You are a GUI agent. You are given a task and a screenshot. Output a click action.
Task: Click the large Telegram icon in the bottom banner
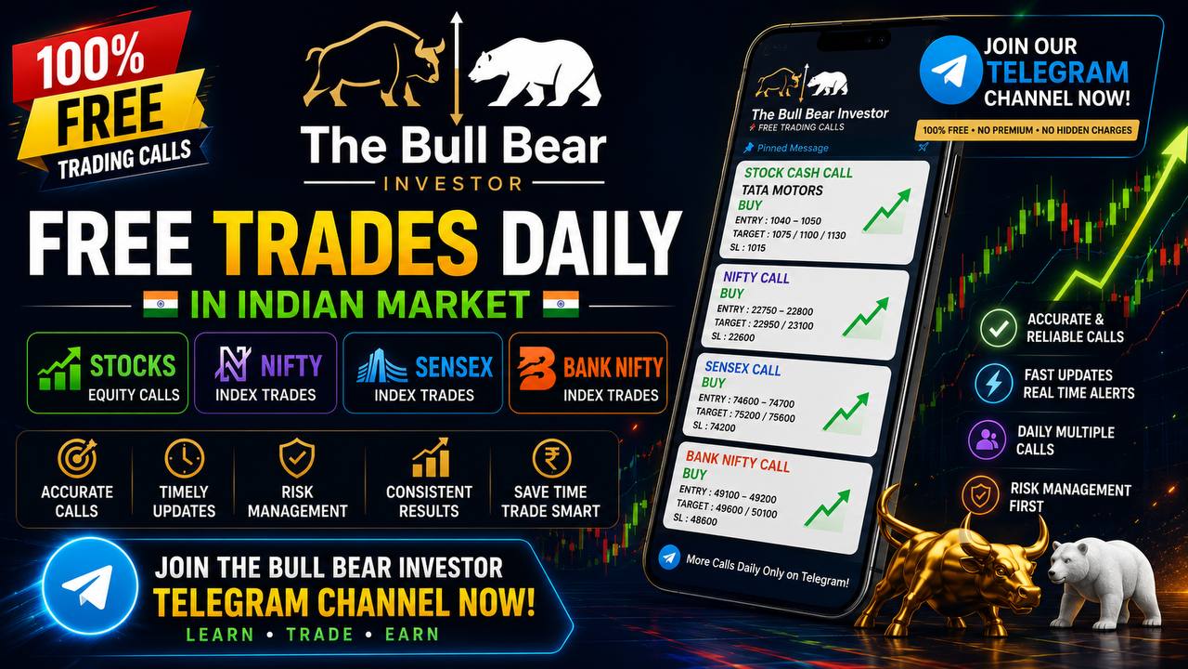[90, 586]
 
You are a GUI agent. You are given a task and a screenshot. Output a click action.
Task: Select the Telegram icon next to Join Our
[950, 70]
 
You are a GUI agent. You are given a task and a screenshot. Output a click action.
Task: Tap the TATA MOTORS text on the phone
[781, 190]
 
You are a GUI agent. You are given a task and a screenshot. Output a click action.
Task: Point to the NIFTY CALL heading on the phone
[755, 278]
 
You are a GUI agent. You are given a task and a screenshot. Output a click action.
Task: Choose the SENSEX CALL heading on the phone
[742, 368]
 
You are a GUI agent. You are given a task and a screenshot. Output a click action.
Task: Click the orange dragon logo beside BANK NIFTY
[536, 369]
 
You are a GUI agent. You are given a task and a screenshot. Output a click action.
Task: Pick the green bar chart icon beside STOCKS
[59, 369]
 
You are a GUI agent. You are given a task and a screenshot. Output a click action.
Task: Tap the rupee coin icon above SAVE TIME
[551, 458]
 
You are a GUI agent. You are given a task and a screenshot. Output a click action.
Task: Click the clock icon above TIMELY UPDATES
[184, 458]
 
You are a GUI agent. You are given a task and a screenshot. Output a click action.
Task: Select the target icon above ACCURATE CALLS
[77, 458]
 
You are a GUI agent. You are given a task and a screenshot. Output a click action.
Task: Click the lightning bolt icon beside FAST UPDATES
[993, 384]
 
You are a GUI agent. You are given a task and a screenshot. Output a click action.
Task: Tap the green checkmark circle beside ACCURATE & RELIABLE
[998, 328]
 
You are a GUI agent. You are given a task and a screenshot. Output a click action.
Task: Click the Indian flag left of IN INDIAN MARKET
[161, 304]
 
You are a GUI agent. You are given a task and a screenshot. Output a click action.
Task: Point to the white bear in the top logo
[535, 72]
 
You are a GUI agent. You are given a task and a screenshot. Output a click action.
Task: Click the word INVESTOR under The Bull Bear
[453, 184]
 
